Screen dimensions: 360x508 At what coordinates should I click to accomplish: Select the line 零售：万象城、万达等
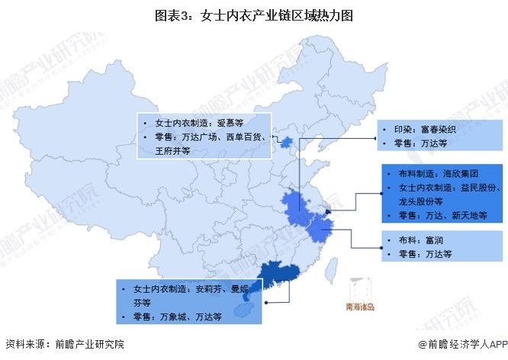click(177, 316)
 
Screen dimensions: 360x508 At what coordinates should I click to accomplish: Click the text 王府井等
click(172, 151)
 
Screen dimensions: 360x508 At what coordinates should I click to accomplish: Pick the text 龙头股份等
click(422, 201)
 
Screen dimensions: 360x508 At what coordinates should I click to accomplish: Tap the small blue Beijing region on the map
click(286, 143)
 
